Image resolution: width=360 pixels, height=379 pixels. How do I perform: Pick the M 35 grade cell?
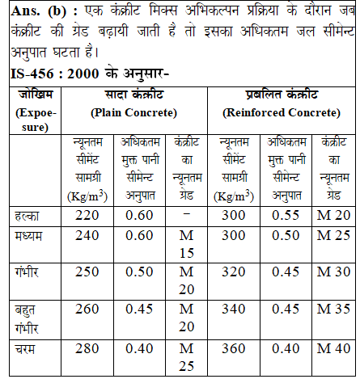[332, 308]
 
